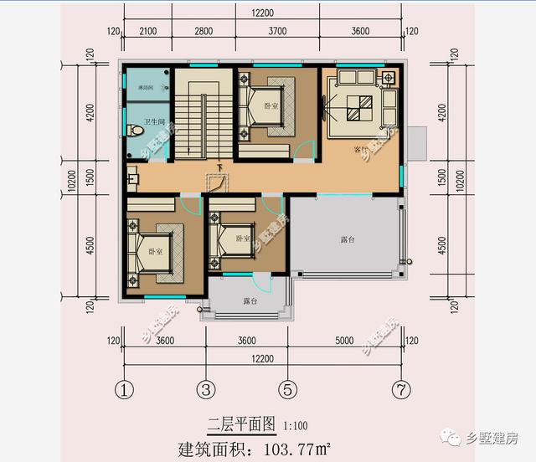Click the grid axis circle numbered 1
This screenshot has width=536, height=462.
point(125,388)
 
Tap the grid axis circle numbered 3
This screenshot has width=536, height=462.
point(207,388)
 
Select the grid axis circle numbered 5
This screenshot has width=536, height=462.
point(287,388)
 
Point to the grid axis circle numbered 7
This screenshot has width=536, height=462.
point(402,388)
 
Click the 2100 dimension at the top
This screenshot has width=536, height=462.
point(148,32)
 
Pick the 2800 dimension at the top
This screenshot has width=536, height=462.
point(204,32)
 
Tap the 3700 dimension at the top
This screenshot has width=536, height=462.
point(277,32)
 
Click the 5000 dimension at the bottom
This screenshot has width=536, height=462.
point(345,341)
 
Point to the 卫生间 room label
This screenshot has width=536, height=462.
point(156,123)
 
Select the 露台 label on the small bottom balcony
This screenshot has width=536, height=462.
point(250,300)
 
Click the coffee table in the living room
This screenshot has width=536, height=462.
point(360,106)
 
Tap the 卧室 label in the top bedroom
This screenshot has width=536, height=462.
point(271,106)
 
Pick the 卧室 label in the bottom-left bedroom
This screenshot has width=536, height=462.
point(156,251)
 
